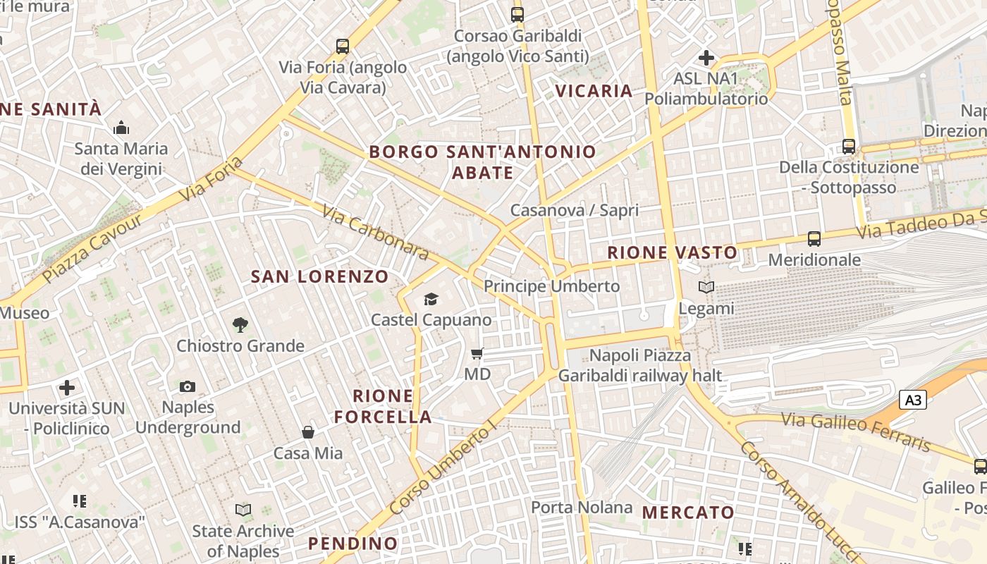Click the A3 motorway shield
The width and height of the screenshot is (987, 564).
coord(912,400)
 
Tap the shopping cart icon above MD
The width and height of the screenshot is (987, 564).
coord(477,353)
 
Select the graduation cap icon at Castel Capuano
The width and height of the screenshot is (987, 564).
coord(431,300)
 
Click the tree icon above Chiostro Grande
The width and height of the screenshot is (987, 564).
coord(240,325)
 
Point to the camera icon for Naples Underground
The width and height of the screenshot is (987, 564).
coord(188,386)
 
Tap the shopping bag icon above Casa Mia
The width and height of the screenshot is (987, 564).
coord(308,431)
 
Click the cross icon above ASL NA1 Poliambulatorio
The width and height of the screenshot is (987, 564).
coord(706,58)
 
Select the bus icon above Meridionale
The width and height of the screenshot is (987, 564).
coord(814,239)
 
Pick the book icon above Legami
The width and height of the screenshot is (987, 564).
coord(706,287)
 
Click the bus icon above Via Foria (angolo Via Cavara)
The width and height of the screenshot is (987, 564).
coord(343,47)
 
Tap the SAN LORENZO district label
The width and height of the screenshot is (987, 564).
coord(320,276)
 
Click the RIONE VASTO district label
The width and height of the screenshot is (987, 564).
coord(673,252)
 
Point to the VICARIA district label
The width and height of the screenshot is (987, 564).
coord(594,91)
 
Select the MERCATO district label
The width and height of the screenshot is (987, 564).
coord(688,513)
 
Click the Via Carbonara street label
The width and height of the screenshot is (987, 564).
coord(376,232)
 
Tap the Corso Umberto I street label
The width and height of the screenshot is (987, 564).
coord(443,469)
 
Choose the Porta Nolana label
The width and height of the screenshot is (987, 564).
coord(582,508)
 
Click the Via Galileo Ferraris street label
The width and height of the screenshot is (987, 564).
coord(856,431)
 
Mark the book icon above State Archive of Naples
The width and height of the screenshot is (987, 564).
coord(243,509)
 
